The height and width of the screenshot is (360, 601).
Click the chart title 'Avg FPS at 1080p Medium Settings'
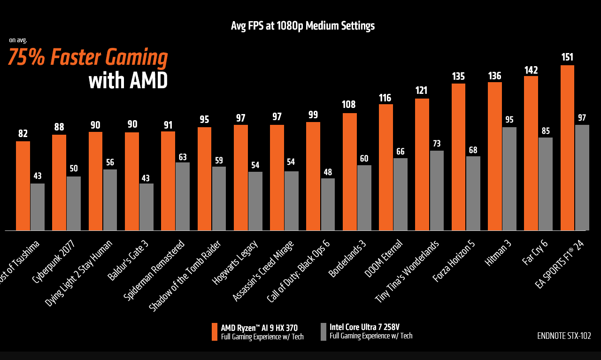point(303,26)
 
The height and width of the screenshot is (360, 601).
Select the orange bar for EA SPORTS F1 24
point(567,148)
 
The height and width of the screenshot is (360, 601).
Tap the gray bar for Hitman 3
point(509,179)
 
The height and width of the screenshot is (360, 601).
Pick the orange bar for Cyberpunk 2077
point(59,183)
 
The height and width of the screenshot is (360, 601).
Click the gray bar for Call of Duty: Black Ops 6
point(328,205)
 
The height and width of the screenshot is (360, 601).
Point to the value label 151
point(567,57)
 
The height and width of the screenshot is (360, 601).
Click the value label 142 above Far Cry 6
point(531,70)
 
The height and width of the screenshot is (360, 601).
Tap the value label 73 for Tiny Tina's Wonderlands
point(437,144)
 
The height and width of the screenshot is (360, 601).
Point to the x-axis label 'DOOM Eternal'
point(389,258)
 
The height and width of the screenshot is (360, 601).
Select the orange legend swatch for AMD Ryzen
point(215,331)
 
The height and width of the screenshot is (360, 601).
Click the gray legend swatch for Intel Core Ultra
point(324,331)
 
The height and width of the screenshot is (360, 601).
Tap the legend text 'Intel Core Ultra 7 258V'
point(364,327)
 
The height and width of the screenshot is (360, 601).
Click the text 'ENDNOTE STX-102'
point(564,336)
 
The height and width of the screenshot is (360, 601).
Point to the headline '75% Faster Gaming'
point(88,58)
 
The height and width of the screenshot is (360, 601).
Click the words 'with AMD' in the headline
point(128,81)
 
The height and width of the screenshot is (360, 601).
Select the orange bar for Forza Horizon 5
point(458,157)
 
